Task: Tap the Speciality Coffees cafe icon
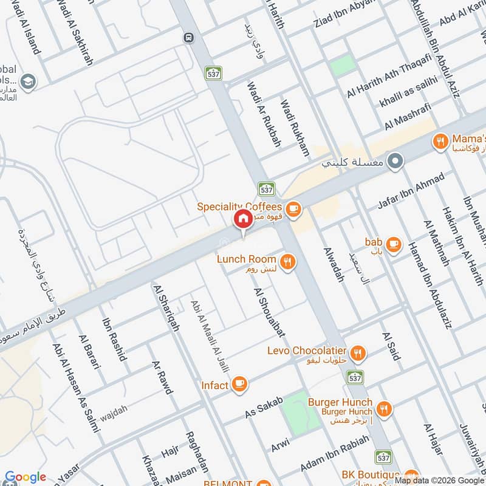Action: [x=293, y=208]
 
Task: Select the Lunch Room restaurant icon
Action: [x=288, y=261]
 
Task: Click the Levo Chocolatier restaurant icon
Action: [x=358, y=352]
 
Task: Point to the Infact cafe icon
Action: [x=240, y=384]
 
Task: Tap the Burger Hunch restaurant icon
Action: [x=383, y=408]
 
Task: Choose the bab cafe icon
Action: [x=393, y=244]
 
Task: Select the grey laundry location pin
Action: [x=395, y=162]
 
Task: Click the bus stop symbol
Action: [x=188, y=37]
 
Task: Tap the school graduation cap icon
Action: [x=27, y=81]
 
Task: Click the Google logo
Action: [x=26, y=477]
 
